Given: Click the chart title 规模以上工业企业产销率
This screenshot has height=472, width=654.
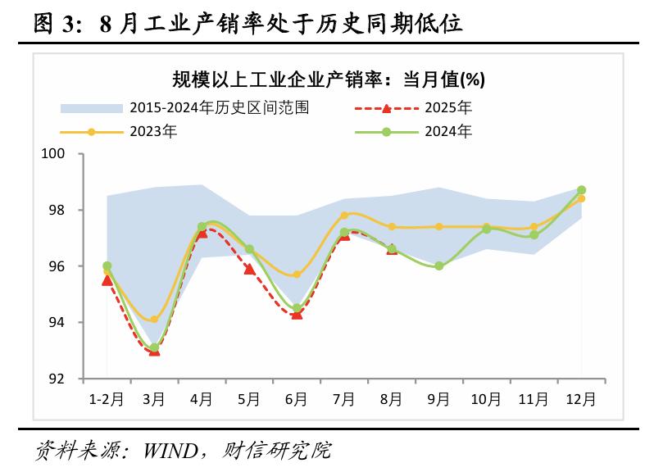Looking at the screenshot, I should pos(328,79).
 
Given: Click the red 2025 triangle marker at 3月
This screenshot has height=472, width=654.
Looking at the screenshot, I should pos(154,350).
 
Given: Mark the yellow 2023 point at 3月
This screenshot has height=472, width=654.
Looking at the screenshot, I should pos(154,320).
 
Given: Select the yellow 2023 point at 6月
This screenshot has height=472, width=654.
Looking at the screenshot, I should pos(297,275).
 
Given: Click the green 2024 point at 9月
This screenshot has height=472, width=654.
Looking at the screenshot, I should pos(438,266).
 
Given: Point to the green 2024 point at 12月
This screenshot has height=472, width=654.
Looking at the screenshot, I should pos(581,190).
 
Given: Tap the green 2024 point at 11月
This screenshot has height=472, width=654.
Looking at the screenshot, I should pos(534,235).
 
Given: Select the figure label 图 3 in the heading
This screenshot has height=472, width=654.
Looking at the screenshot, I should pos(58,24).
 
